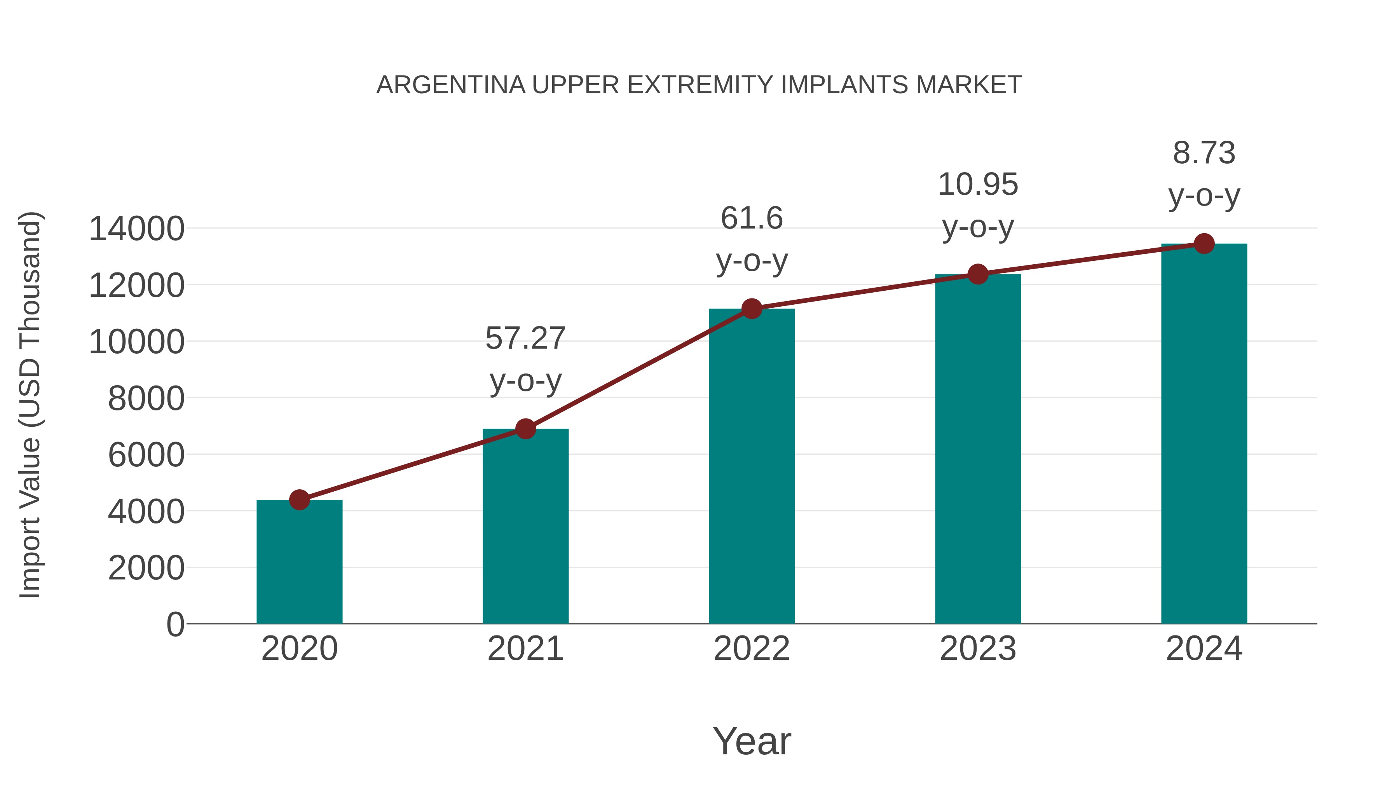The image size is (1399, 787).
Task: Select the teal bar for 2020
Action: coord(299,562)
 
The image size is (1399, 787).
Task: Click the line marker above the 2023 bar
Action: coord(978,274)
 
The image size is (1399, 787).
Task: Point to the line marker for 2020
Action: coord(299,500)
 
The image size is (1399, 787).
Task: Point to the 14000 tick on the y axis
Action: coord(136,229)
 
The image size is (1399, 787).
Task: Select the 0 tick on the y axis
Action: coord(175,624)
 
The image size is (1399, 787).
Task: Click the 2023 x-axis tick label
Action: coord(978,649)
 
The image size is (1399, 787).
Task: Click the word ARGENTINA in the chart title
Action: coord(451,85)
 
